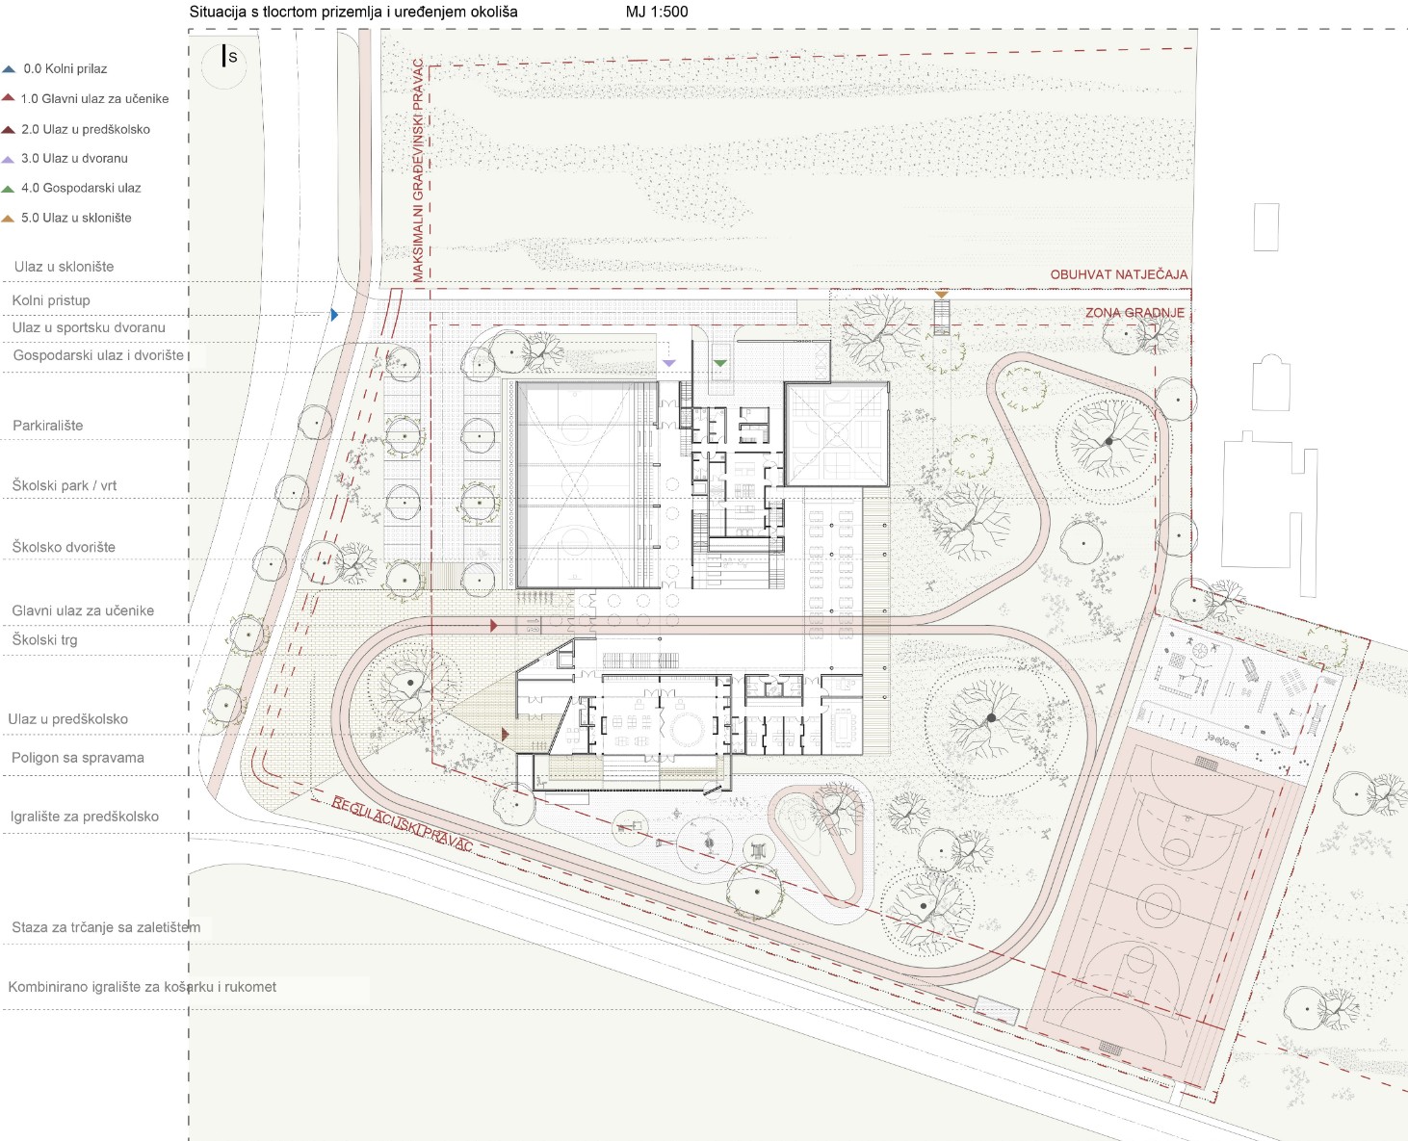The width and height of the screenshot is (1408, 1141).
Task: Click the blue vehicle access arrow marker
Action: pos(334,315)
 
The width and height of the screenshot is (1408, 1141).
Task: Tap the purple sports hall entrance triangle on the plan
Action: pos(669,363)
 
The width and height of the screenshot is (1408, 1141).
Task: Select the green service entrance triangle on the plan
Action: pos(719,363)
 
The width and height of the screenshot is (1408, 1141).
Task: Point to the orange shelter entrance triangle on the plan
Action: pos(941,294)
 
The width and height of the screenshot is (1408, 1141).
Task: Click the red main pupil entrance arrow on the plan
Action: pos(493,624)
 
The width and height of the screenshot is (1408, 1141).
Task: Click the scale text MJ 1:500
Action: pos(657,12)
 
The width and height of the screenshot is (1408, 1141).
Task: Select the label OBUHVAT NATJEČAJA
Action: pos(1118,274)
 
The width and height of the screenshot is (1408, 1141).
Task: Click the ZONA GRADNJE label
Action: pos(1134,313)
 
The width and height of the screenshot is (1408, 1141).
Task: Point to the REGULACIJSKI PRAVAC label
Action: pos(402,823)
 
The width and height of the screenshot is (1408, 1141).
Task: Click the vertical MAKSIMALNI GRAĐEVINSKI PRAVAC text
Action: pos(418,170)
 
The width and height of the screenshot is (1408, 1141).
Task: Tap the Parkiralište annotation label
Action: pos(47,426)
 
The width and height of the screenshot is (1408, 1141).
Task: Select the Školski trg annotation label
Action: pos(44,639)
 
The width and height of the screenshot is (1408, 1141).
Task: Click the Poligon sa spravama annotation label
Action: pos(77,758)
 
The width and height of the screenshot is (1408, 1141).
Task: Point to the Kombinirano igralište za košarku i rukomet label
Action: pos(142,986)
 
